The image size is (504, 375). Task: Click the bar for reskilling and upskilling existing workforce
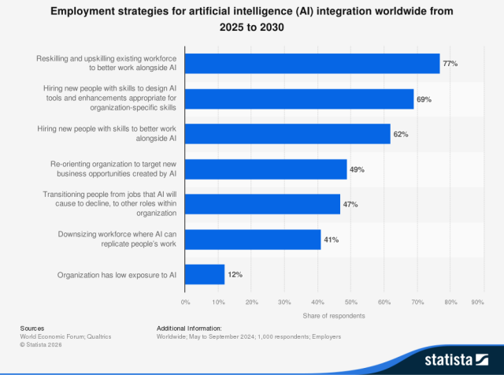coord(312,63)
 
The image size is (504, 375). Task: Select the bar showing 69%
coord(299,98)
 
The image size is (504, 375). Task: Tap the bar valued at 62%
coord(287,134)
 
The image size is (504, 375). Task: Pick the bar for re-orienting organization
coord(266,169)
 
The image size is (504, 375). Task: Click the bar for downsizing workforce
coord(253,239)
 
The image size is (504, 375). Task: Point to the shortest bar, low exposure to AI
coord(205,274)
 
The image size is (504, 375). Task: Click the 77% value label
coord(450,64)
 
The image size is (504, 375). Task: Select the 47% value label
coord(350,205)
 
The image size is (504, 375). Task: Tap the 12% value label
coord(235,275)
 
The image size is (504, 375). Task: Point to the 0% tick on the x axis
coord(186,303)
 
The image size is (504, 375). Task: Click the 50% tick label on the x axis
coord(351,303)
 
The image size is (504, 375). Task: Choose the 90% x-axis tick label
coord(478,303)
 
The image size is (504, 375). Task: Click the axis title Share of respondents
coord(334,316)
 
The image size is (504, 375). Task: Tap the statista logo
coord(457,359)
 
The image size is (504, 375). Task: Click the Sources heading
coord(32,329)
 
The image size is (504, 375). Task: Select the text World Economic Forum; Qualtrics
coord(65,336)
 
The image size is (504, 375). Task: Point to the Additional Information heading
coord(189,329)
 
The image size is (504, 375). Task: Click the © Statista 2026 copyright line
coord(41,344)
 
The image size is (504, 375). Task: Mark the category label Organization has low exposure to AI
coord(117,275)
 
